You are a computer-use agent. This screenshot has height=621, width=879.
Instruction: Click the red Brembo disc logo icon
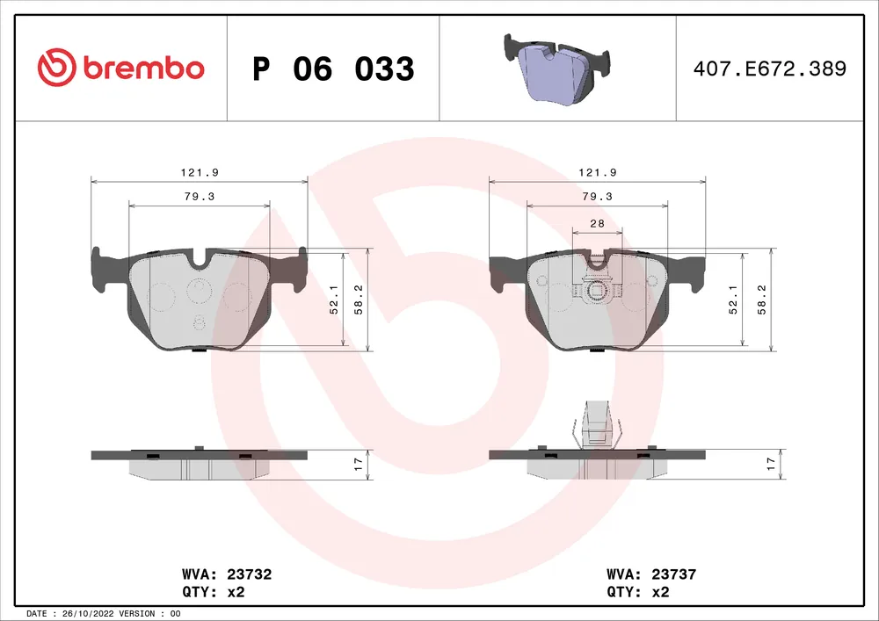pyautogui.click(x=56, y=68)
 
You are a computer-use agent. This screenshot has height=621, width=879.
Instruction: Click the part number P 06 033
pyautogui.click(x=333, y=69)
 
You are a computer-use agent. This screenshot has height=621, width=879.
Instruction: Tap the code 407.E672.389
pyautogui.click(x=770, y=69)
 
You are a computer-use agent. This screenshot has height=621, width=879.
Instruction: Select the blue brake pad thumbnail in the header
pyautogui.click(x=556, y=69)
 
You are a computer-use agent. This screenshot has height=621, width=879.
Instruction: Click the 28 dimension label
pyautogui.click(x=598, y=223)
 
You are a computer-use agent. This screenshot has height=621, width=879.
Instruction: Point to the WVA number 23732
pyautogui.click(x=250, y=574)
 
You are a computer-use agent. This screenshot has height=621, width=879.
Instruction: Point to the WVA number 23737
pyautogui.click(x=674, y=574)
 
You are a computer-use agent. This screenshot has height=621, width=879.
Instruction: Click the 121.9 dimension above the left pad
pyautogui.click(x=200, y=172)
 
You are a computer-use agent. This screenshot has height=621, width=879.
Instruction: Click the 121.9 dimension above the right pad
pyautogui.click(x=598, y=172)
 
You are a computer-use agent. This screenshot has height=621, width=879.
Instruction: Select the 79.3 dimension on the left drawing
pyautogui.click(x=200, y=197)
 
